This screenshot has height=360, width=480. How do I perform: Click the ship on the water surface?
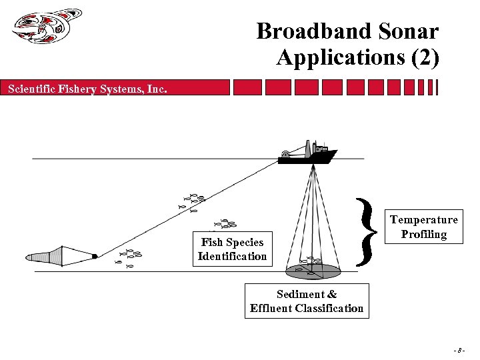click(x=308, y=153)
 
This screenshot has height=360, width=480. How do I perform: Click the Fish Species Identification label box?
click(x=232, y=249)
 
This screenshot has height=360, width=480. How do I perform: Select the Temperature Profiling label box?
click(x=424, y=227)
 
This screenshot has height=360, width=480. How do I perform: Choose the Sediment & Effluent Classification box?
click(x=307, y=301)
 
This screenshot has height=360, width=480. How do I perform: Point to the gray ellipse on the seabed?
click(x=313, y=271)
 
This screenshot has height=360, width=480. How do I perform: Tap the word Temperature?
click(x=424, y=219)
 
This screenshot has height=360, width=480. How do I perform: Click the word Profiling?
click(x=424, y=234)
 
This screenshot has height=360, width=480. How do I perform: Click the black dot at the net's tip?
click(x=95, y=256)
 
